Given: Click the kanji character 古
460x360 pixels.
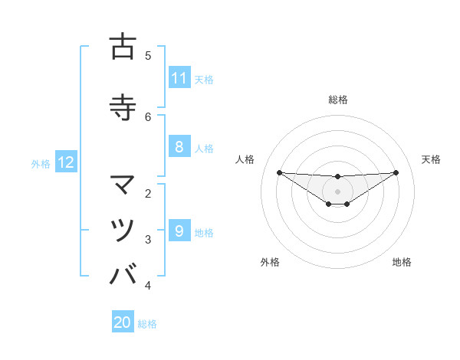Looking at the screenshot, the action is [123, 47].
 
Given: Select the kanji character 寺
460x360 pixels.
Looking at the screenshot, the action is [123, 106].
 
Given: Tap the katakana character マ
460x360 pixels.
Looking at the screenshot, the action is [123, 185].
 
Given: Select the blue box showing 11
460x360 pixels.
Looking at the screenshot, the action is [179, 78].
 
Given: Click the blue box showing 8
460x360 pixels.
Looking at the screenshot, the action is [179, 147].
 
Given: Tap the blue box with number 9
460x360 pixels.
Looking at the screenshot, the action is [179, 231].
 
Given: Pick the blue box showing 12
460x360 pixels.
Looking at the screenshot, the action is [66, 162].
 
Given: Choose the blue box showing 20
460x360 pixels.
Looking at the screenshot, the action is [123, 322].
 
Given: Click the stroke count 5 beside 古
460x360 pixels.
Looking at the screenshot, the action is [148, 55].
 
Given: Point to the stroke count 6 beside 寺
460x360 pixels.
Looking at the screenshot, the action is [148, 116].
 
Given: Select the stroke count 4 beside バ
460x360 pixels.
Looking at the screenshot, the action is [148, 286].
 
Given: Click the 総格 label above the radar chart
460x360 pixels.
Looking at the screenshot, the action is [337, 100].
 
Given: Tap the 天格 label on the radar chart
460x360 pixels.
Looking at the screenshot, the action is [431, 159].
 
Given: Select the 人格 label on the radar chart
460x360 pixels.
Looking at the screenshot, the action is [245, 159].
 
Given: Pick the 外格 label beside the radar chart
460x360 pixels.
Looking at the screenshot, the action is [269, 262].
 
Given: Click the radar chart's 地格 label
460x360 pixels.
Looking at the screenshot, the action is [402, 262].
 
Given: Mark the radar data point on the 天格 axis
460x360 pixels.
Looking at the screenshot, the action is [396, 172].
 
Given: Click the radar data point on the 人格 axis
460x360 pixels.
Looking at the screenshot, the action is [279, 172].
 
